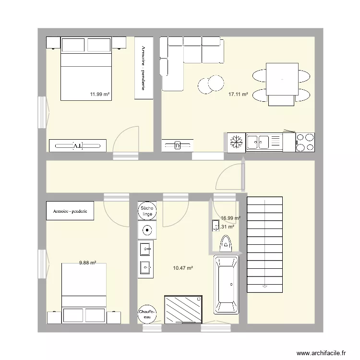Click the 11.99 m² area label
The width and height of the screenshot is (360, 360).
tap(100, 95)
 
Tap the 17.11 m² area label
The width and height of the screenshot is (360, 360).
tap(238, 95)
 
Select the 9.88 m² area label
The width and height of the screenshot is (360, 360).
tap(88, 263)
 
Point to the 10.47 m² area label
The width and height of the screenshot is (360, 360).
tap(183, 268)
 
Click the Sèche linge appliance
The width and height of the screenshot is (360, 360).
tap(146, 211)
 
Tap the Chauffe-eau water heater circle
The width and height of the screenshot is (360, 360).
tap(146, 314)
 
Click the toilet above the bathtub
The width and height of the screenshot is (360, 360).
tap(225, 245)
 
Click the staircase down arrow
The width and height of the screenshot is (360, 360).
tap(264, 287)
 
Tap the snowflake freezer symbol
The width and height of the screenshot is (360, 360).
tap(236, 142)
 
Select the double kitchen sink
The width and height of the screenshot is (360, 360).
tap(258, 142)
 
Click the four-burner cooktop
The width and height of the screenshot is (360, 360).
tap(305, 142)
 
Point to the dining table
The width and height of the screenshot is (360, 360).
tap(281, 78)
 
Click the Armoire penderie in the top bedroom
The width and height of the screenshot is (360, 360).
tap(144, 68)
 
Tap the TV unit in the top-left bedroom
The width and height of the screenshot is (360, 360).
tap(77, 145)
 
